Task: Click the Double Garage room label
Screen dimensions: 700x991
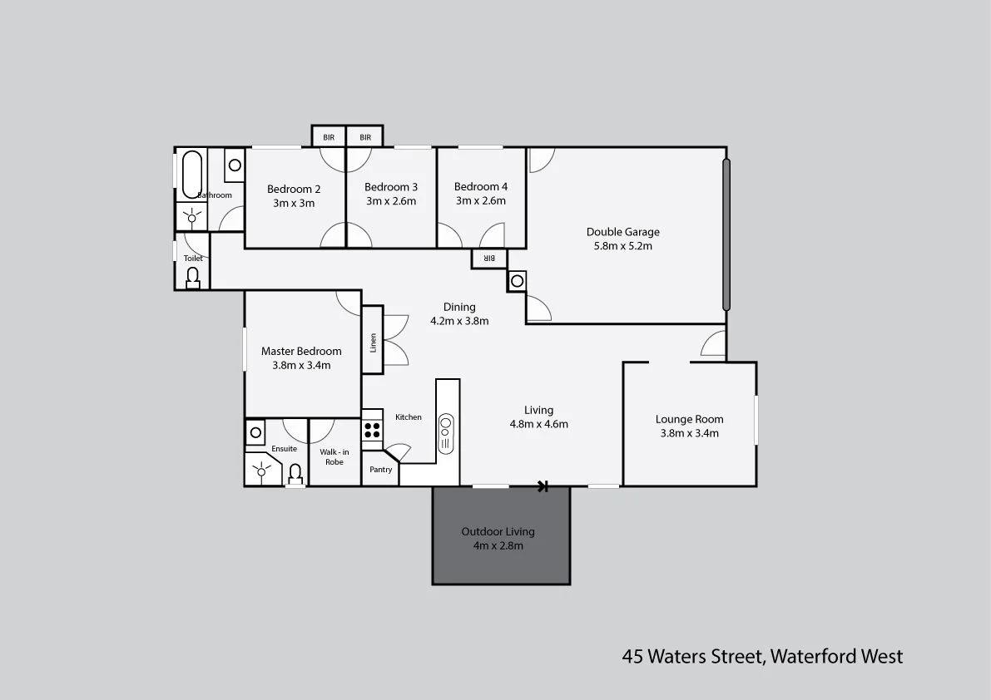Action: tap(622, 232)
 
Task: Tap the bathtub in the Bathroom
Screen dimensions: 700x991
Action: tap(191, 173)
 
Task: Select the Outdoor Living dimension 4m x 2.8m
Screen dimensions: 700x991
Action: tap(498, 546)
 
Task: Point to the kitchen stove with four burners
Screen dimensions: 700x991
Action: tap(372, 430)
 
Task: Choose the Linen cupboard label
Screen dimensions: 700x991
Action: tap(373, 342)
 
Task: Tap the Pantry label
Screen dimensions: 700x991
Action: tap(380, 470)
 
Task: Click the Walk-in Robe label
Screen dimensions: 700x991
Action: tap(334, 456)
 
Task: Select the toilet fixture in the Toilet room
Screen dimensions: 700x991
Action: tap(193, 278)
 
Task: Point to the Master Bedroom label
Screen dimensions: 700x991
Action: tap(301, 351)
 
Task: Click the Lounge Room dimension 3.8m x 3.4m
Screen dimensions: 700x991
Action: tap(689, 433)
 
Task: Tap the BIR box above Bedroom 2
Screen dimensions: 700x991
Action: tap(329, 137)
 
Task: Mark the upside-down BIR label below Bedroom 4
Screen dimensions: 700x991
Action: tap(489, 259)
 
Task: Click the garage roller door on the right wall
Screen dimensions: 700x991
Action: tap(726, 234)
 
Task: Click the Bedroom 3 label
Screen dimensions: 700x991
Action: tap(391, 187)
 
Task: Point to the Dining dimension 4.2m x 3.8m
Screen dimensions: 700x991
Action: tap(458, 321)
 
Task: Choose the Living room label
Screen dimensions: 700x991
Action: tap(538, 410)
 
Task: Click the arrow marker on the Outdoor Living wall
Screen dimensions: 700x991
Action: tap(543, 486)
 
